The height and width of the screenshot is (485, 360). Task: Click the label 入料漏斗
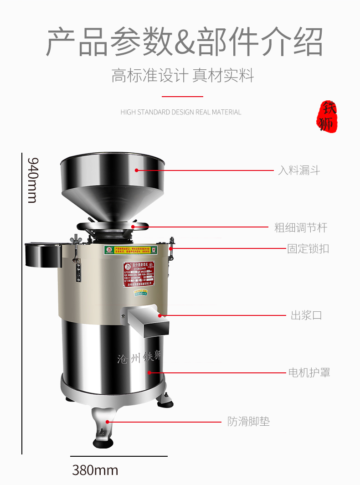[299, 170]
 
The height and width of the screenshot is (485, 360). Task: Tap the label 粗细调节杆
[300, 227]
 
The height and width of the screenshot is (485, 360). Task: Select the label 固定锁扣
[308, 249]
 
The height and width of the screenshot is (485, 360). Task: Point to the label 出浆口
[306, 315]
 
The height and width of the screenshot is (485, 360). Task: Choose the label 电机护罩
[309, 372]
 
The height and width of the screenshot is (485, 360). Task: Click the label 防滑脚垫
[248, 422]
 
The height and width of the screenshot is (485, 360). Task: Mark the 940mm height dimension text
[32, 180]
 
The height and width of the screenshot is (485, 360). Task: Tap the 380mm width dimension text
[95, 470]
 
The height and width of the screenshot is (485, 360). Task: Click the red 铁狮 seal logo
[327, 116]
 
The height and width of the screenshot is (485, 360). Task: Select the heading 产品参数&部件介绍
[185, 42]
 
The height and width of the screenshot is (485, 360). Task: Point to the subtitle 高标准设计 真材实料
[183, 76]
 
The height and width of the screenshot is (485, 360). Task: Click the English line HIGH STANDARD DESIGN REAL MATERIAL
[181, 112]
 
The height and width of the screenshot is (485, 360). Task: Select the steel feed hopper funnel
[113, 182]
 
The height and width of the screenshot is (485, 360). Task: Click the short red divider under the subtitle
[182, 97]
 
